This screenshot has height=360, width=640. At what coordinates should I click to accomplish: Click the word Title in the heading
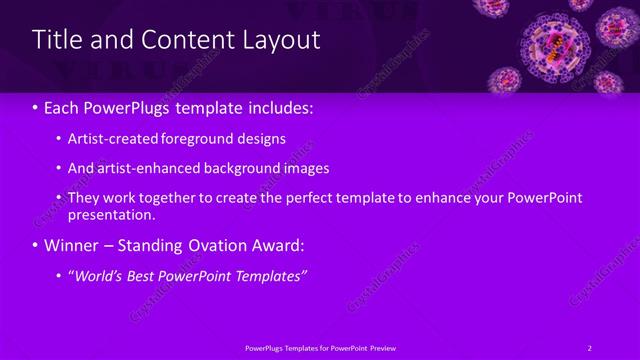[x=59, y=40]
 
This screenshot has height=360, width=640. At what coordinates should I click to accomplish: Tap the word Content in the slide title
[x=178, y=40]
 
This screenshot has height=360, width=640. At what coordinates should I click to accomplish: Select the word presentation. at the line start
[x=112, y=214]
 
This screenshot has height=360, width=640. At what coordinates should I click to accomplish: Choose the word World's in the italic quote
[x=99, y=275]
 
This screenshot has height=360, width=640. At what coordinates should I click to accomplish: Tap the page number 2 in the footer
[x=590, y=347]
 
